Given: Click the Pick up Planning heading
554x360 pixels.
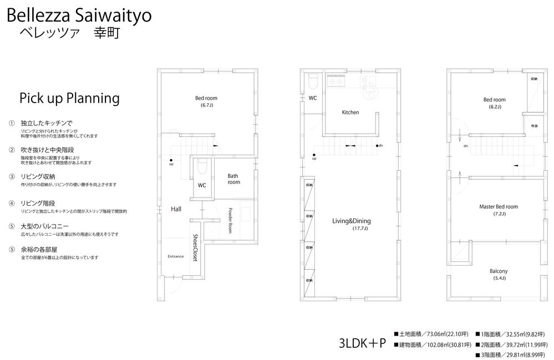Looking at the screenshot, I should click(x=69, y=98).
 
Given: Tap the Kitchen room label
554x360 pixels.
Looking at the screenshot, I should click(x=350, y=113).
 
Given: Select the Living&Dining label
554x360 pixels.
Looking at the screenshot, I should click(x=350, y=221).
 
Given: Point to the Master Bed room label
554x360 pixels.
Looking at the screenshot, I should click(x=498, y=207).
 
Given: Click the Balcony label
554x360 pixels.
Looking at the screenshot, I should click(x=499, y=271).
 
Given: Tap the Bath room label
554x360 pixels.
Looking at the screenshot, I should click(x=233, y=179).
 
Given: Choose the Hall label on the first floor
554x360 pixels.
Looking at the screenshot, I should click(x=176, y=209).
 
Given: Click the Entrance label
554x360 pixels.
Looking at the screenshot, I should click(x=176, y=256).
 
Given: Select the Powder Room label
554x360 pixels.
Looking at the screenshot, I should click(x=230, y=220).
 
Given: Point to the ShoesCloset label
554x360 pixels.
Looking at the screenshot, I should click(x=196, y=247).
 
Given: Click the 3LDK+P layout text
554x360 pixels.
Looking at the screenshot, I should click(x=362, y=343).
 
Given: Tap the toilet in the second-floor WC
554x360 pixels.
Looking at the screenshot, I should click(x=312, y=82).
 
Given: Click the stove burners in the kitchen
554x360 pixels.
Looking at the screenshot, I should click(x=336, y=82).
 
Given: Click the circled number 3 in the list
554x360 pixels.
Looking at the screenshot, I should click(x=12, y=176).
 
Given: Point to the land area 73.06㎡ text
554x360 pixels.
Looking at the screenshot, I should click(x=434, y=334).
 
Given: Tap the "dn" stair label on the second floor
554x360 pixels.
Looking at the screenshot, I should click(x=381, y=146).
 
